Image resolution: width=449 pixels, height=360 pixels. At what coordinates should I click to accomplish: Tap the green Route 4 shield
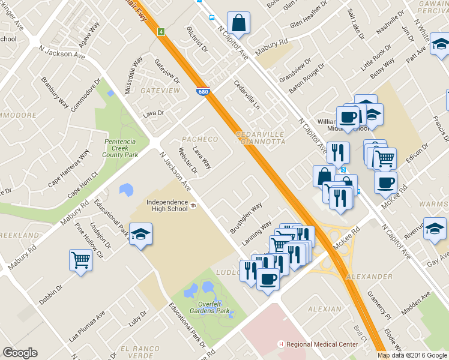click(x=161, y=31)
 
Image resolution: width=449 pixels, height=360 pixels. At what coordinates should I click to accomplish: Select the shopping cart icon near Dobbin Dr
click(x=80, y=260)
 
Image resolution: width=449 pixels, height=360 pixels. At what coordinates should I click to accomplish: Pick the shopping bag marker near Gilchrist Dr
click(x=238, y=23)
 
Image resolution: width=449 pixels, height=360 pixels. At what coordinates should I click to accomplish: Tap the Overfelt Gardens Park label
click(x=206, y=307)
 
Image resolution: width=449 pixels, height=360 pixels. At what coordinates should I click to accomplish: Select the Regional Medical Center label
click(x=322, y=344)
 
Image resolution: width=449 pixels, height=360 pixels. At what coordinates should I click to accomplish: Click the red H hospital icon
click(x=280, y=344)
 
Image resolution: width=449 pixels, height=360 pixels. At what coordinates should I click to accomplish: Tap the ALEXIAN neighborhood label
click(x=324, y=308)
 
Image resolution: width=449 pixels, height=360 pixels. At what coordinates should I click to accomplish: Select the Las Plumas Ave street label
click(x=86, y=326)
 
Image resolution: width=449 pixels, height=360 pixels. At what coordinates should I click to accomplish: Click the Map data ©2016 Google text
click(x=412, y=355)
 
